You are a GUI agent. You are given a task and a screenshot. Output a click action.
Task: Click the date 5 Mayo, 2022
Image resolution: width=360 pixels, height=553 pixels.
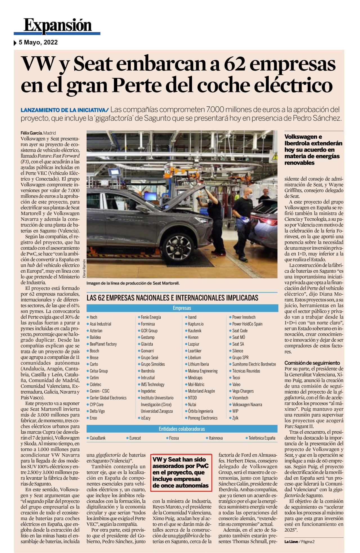click(x=38, y=42)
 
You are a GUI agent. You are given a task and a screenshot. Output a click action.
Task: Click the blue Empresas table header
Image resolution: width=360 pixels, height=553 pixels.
click(x=182, y=308)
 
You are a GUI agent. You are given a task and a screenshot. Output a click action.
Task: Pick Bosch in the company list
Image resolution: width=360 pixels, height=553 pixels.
click(x=94, y=351)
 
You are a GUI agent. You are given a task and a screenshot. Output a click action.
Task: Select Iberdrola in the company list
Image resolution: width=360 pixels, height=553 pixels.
click(x=147, y=371)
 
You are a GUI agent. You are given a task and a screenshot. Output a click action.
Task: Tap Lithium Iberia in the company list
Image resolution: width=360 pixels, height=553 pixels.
click(x=198, y=364)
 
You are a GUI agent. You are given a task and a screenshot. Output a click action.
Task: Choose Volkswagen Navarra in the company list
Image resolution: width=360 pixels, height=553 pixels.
click(x=247, y=404)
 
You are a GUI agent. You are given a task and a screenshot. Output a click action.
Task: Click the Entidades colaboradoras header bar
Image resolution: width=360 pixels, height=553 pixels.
click(x=182, y=429)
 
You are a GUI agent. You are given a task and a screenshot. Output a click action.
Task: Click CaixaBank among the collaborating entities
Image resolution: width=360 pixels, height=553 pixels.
click(x=97, y=438)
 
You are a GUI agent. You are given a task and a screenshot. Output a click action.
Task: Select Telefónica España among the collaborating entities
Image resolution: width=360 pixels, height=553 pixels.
click(x=262, y=438)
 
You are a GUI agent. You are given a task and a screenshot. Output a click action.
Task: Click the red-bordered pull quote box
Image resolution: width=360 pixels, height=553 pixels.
click(x=181, y=473)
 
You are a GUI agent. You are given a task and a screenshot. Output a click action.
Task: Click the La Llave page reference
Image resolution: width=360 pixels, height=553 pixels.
click(x=299, y=541)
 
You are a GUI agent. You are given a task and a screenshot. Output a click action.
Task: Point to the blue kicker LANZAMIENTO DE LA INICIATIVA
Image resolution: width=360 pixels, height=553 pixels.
click(x=64, y=110)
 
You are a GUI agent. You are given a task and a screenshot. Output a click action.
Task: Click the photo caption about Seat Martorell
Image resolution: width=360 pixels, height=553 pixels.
click(x=133, y=283)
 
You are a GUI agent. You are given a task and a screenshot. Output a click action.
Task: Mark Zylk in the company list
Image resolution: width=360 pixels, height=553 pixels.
click(x=235, y=418)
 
